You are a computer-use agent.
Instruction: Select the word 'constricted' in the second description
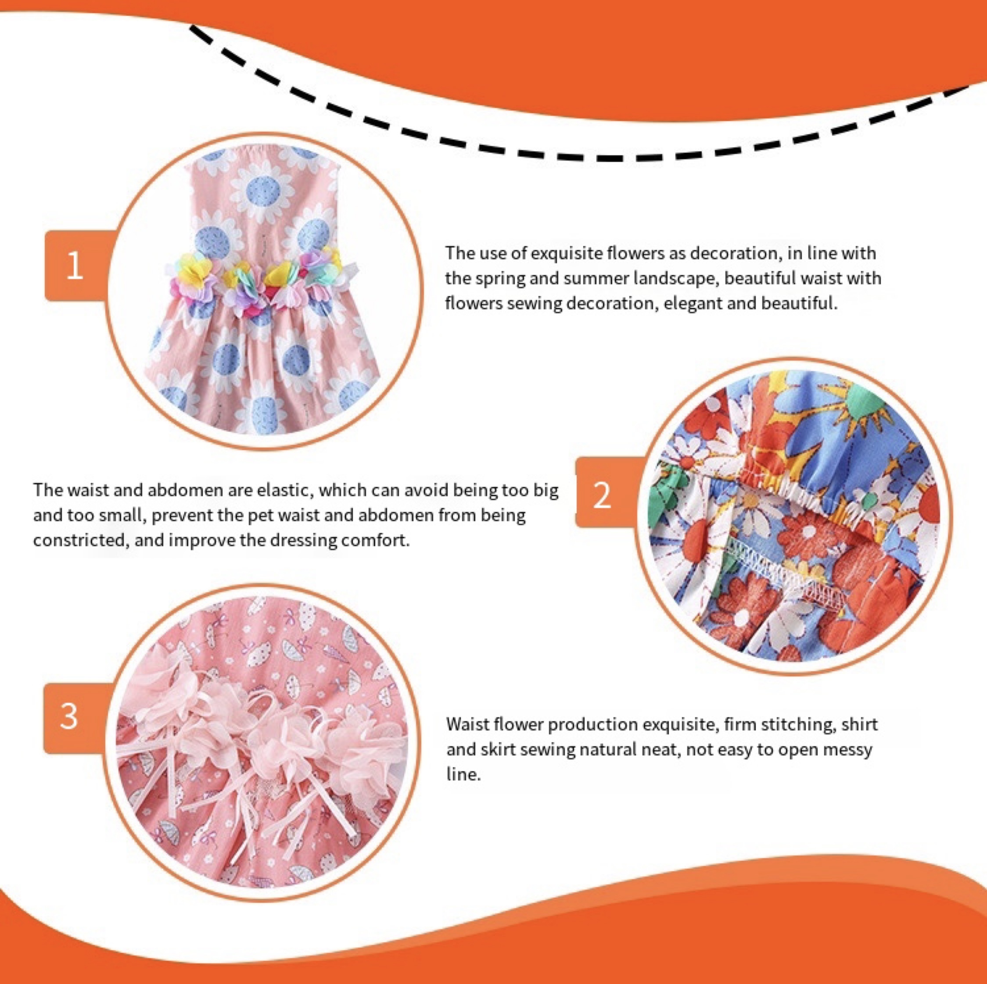coord(79,540)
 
